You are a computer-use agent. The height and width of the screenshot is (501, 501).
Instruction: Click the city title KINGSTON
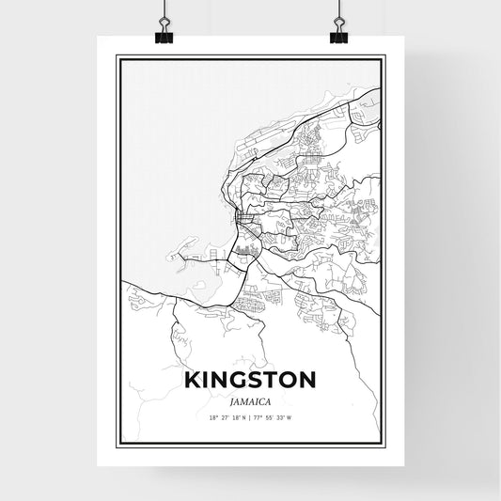coord(250,382)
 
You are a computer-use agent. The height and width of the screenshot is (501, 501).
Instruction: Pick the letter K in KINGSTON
coord(193,382)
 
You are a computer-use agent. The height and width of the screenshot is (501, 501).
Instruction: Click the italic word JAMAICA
coord(250,400)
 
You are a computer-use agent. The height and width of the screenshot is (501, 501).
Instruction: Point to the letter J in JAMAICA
coord(232,400)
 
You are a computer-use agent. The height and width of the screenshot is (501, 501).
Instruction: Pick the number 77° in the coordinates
coord(258,418)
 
